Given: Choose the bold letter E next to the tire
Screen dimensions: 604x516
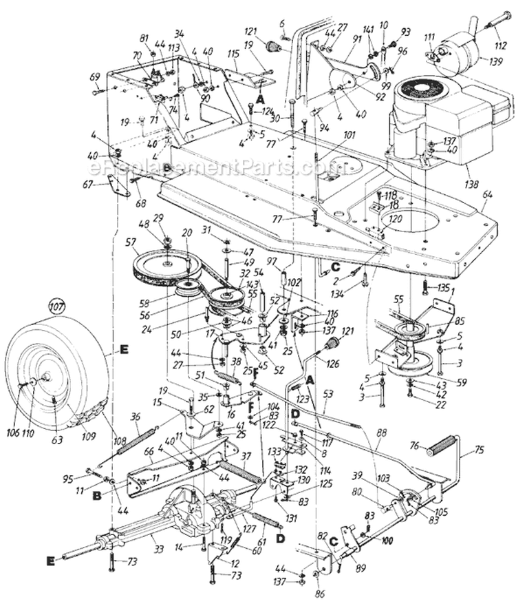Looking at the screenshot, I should [x=125, y=350].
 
